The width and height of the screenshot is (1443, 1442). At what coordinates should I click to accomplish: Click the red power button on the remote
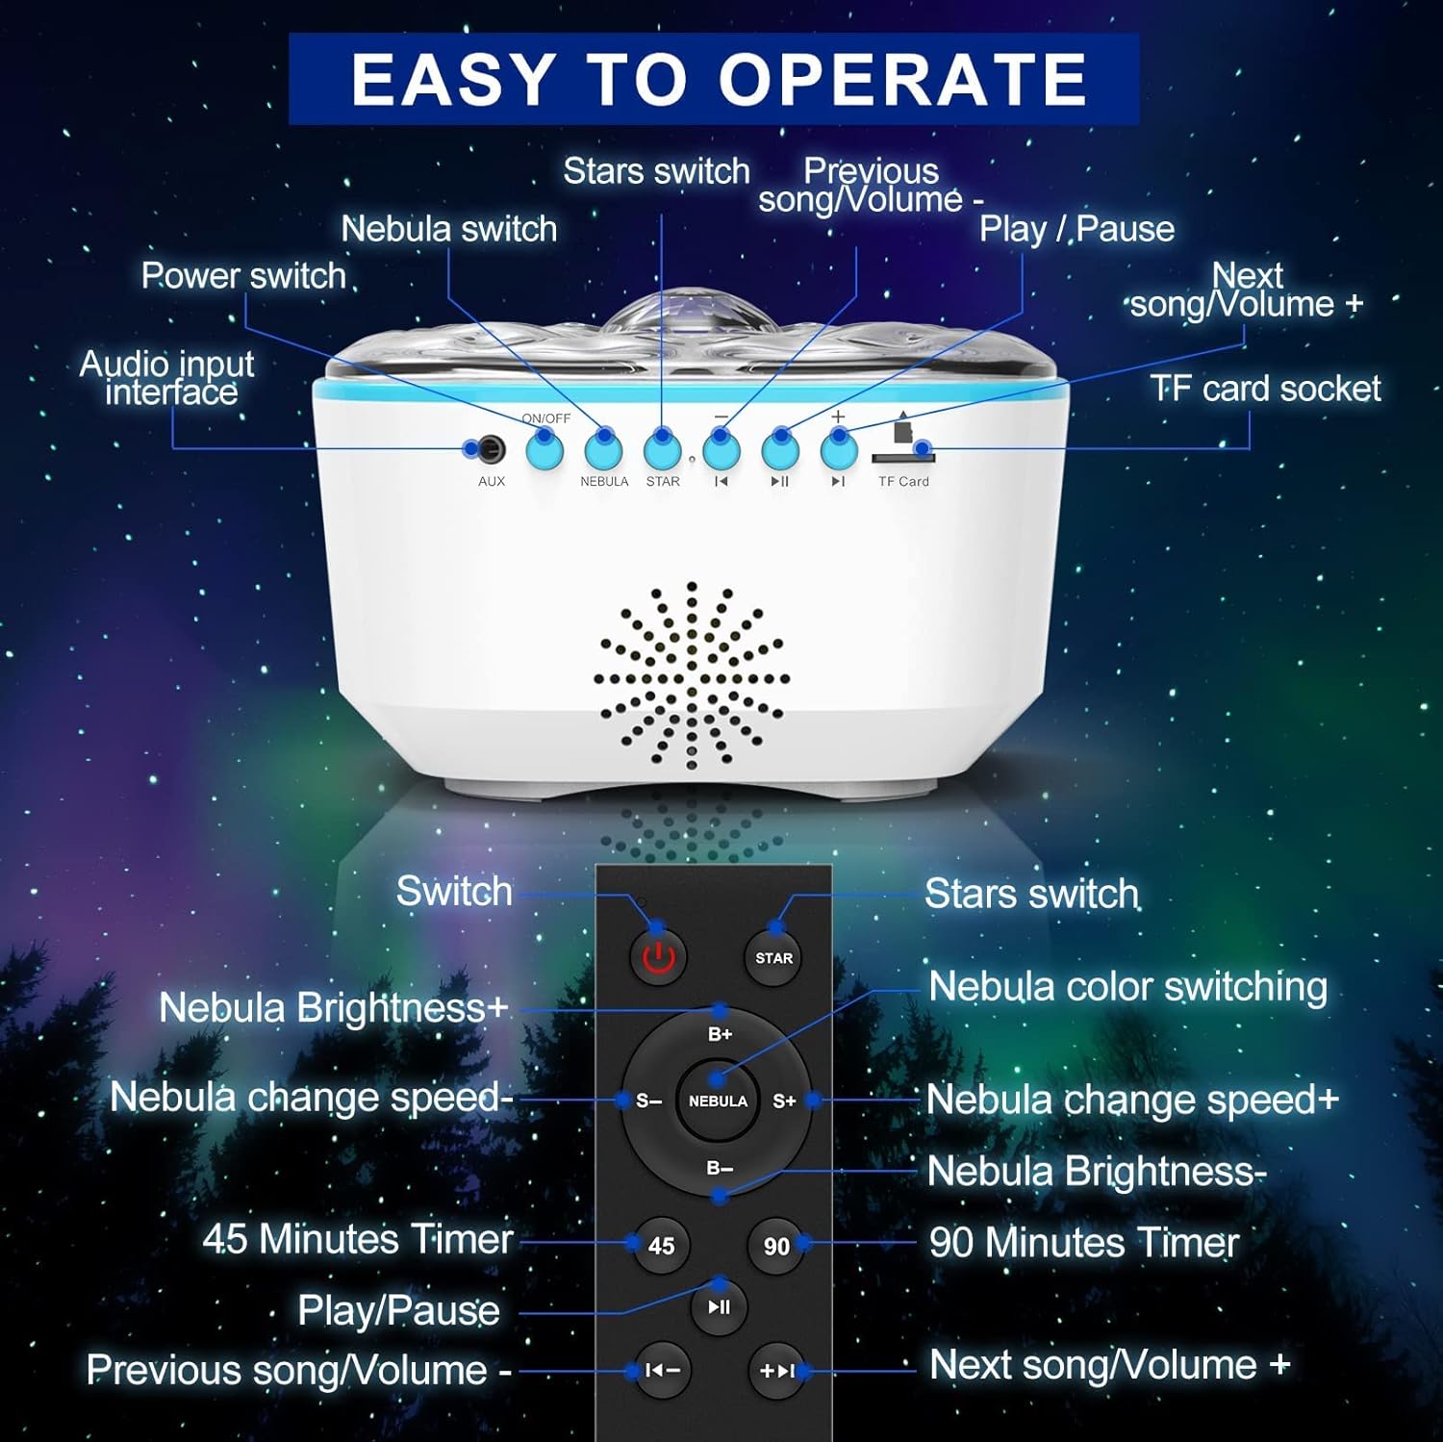click(658, 957)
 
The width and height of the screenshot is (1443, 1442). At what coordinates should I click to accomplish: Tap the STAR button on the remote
click(773, 957)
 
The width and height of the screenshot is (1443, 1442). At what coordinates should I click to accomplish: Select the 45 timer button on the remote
click(661, 1246)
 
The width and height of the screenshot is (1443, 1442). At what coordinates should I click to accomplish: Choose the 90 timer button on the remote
click(775, 1246)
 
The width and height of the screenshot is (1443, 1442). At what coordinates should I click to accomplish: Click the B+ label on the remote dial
click(720, 1034)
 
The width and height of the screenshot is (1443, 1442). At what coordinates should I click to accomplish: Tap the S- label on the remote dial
click(648, 1100)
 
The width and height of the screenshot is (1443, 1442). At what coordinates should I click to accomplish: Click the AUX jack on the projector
click(492, 448)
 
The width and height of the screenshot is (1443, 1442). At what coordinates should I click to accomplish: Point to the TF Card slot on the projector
click(902, 457)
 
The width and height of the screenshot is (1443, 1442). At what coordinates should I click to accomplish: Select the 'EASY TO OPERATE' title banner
click(714, 79)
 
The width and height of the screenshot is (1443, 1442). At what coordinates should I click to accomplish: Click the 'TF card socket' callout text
click(1264, 389)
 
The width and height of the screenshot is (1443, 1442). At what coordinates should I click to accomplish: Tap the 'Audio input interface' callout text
click(167, 378)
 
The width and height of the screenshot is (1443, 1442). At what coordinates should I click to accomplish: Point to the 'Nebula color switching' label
click(1127, 987)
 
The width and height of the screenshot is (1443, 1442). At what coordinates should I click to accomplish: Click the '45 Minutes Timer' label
click(358, 1239)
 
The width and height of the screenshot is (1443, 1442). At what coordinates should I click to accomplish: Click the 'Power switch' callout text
click(243, 276)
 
